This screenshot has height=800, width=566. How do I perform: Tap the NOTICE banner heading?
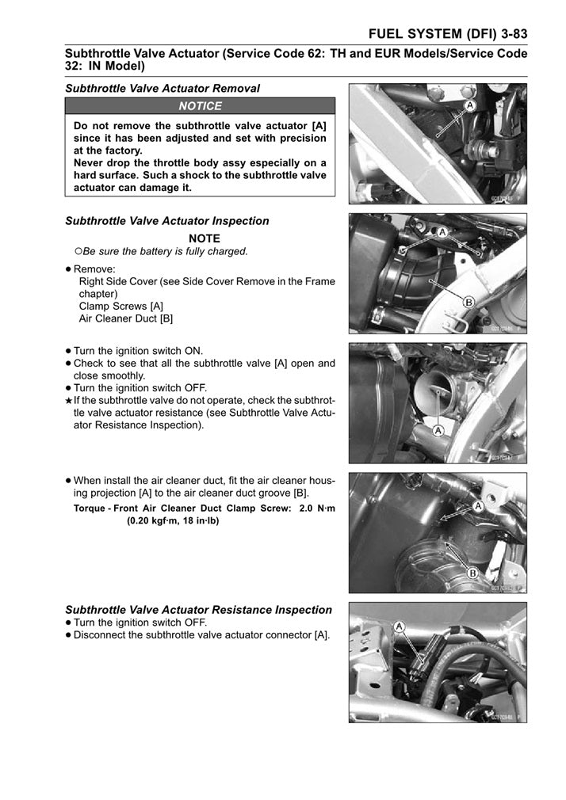pyautogui.click(x=201, y=106)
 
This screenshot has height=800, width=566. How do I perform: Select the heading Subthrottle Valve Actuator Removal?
pyautogui.click(x=162, y=89)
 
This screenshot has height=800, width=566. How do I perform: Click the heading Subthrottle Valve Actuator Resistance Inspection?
pyautogui.click(x=198, y=610)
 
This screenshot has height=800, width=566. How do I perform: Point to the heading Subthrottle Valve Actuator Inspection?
pyautogui.click(x=166, y=221)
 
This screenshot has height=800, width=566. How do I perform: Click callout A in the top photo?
pyautogui.click(x=470, y=105)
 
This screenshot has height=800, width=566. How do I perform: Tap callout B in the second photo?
pyautogui.click(x=468, y=302)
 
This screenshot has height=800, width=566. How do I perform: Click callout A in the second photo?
pyautogui.click(x=442, y=231)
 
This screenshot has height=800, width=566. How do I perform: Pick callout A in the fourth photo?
pyautogui.click(x=478, y=505)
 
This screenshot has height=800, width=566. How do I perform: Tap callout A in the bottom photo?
pyautogui.click(x=400, y=626)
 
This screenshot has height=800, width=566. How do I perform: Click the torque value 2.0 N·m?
pyautogui.click(x=308, y=509)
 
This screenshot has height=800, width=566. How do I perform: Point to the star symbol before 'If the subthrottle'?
pyautogui.click(x=69, y=401)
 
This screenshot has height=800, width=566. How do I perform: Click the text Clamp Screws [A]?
pyautogui.click(x=121, y=306)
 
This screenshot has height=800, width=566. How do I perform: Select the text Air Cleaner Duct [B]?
pyautogui.click(x=126, y=318)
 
